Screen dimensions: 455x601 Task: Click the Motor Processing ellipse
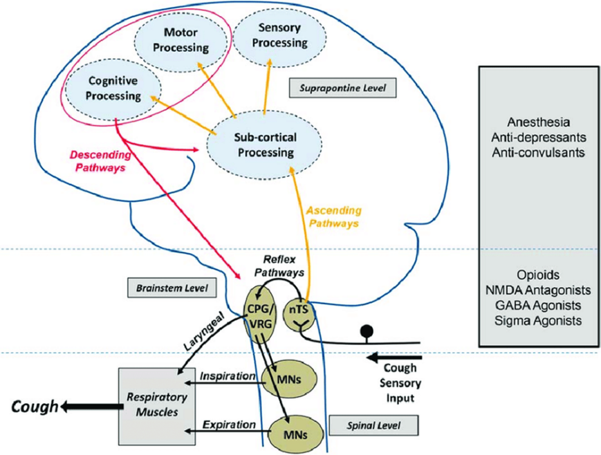(176, 40)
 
